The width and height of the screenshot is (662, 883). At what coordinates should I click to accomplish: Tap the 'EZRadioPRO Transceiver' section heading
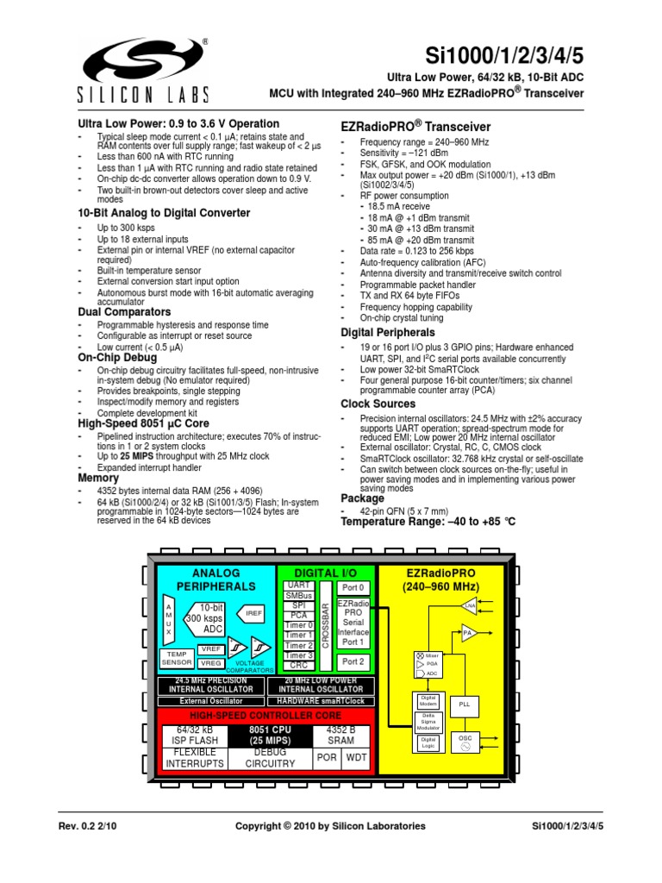[x=416, y=127]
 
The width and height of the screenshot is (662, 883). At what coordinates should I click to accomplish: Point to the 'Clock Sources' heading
[x=378, y=404]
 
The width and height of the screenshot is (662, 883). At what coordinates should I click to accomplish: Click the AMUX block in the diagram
[x=169, y=620]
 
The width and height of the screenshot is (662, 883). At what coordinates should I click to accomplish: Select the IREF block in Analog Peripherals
[x=253, y=613]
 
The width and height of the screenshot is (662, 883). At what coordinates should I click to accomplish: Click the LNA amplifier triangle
[x=470, y=607]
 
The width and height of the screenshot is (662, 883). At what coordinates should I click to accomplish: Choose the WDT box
[x=356, y=758]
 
